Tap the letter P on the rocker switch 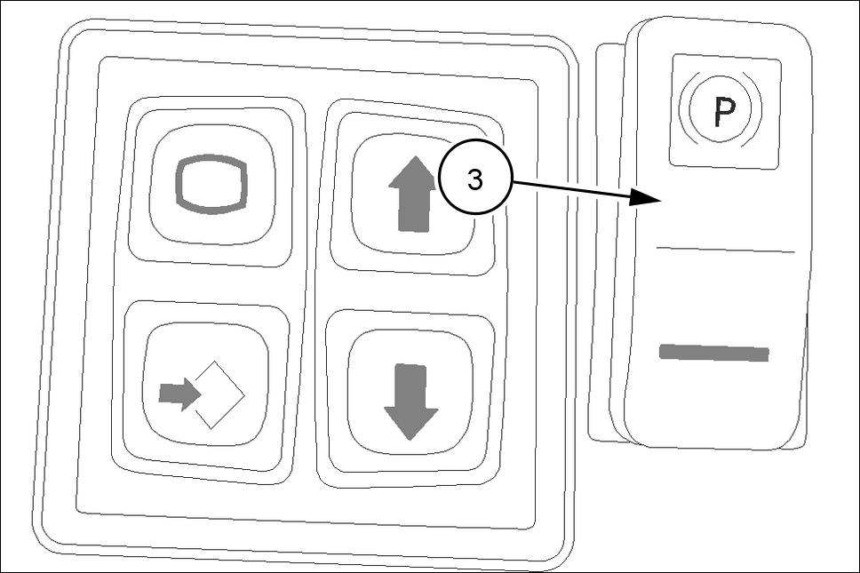721,110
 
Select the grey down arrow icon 410,400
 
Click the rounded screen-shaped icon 211,186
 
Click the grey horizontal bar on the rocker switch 713,353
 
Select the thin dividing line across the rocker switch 724,250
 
